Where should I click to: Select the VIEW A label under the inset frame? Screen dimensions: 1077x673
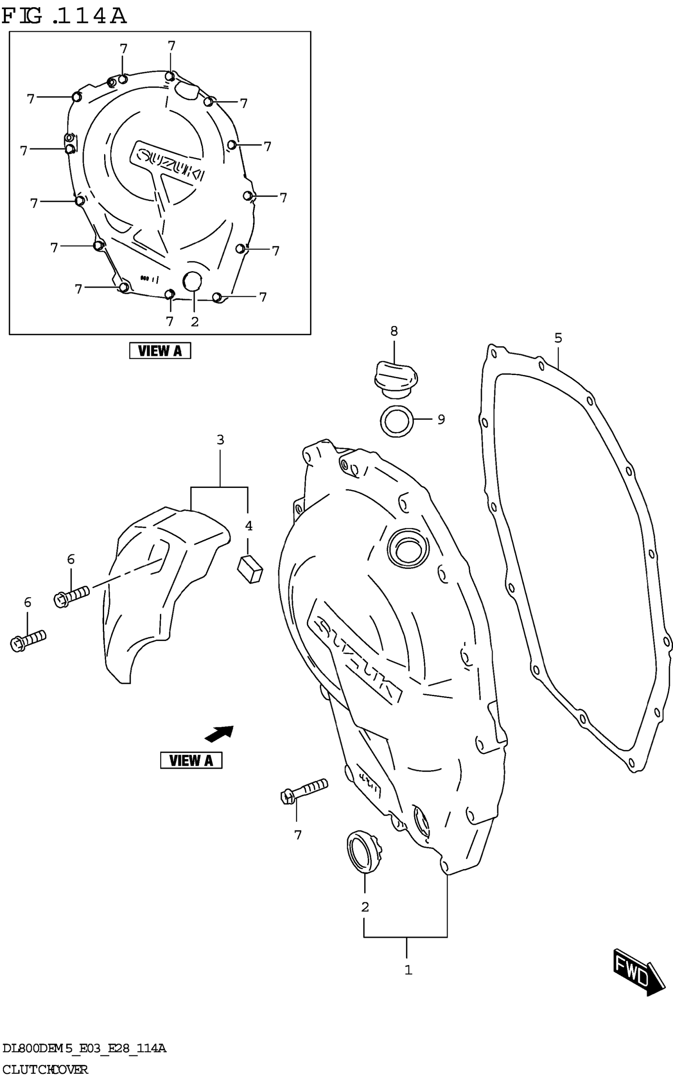click(x=160, y=351)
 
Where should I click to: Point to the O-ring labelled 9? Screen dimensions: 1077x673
click(x=397, y=421)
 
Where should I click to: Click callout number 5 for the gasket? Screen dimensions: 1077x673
click(x=558, y=338)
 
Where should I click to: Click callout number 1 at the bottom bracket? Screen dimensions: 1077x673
click(x=408, y=970)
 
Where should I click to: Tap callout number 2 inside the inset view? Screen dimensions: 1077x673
click(x=194, y=322)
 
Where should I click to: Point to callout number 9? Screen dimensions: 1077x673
click(x=441, y=419)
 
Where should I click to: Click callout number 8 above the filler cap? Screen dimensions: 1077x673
click(x=394, y=331)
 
